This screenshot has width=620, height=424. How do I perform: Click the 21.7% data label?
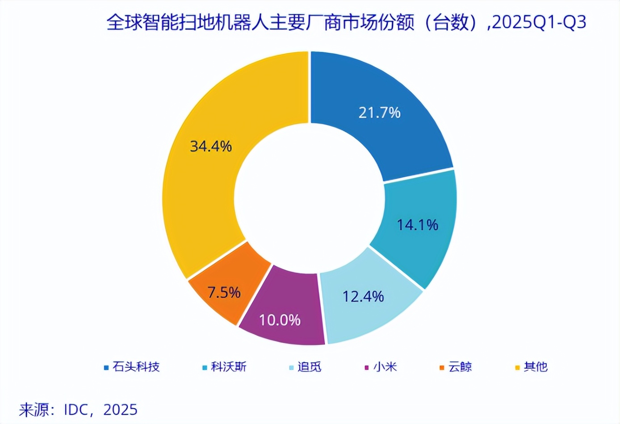379,112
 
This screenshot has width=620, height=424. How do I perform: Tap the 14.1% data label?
418,224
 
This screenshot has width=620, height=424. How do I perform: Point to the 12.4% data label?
363,296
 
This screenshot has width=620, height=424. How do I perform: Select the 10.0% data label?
280,320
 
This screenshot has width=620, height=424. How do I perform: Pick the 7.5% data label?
224,292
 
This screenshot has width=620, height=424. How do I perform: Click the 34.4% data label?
211,146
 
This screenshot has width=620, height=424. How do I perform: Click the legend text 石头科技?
136,367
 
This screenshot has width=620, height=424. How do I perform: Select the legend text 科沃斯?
228,367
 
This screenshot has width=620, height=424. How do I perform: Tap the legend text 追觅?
310,367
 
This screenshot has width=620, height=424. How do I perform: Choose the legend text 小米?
385,367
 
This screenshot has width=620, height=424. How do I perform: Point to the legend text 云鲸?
460,367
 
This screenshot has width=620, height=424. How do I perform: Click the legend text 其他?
536,367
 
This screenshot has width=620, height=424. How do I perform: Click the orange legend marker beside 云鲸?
442,368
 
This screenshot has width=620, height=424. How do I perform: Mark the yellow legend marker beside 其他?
517,368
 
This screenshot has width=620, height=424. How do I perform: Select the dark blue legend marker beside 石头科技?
106,368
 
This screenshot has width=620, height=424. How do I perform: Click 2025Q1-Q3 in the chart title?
539,22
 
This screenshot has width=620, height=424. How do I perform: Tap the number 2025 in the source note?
120,409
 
